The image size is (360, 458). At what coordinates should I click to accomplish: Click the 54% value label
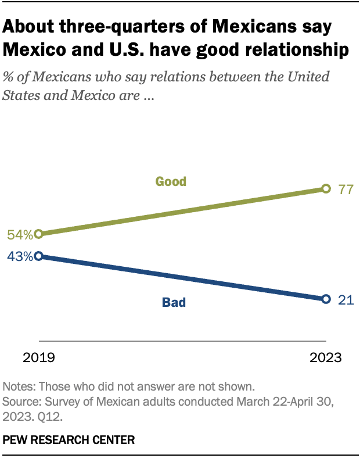pyautogui.click(x=19, y=235)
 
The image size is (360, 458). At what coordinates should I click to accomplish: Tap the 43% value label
pyautogui.click(x=19, y=256)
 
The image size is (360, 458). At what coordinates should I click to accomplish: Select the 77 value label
pyautogui.click(x=347, y=189)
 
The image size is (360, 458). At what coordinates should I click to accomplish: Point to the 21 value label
pyautogui.click(x=346, y=299)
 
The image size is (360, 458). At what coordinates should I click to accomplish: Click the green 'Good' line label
pyautogui.click(x=171, y=181)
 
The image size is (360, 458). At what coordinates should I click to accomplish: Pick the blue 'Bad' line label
pyautogui.click(x=174, y=302)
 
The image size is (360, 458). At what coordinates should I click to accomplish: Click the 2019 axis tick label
pyautogui.click(x=38, y=357)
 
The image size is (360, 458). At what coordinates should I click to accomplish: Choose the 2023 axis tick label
pyautogui.click(x=325, y=357)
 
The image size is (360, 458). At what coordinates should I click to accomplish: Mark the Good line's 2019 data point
pyautogui.click(x=39, y=234)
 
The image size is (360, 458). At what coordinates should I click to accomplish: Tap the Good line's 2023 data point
pyautogui.click(x=326, y=188)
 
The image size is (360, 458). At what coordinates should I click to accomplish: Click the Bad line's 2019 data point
pyautogui.click(x=39, y=256)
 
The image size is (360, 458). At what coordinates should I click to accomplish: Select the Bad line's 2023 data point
pyautogui.click(x=326, y=299)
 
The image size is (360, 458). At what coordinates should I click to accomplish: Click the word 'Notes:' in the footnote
pyautogui.click(x=17, y=387)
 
